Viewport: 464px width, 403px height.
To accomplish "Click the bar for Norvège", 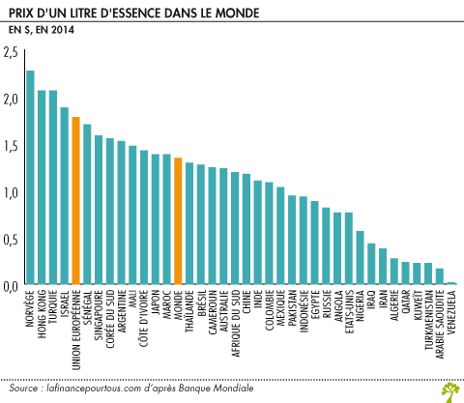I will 30,178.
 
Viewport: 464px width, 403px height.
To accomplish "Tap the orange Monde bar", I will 178,221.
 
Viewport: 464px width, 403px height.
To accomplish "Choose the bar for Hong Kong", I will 42,187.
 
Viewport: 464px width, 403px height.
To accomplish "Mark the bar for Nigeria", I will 361,258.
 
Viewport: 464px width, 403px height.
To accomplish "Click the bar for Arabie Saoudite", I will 440,276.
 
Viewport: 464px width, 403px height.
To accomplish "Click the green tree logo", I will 448,390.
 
